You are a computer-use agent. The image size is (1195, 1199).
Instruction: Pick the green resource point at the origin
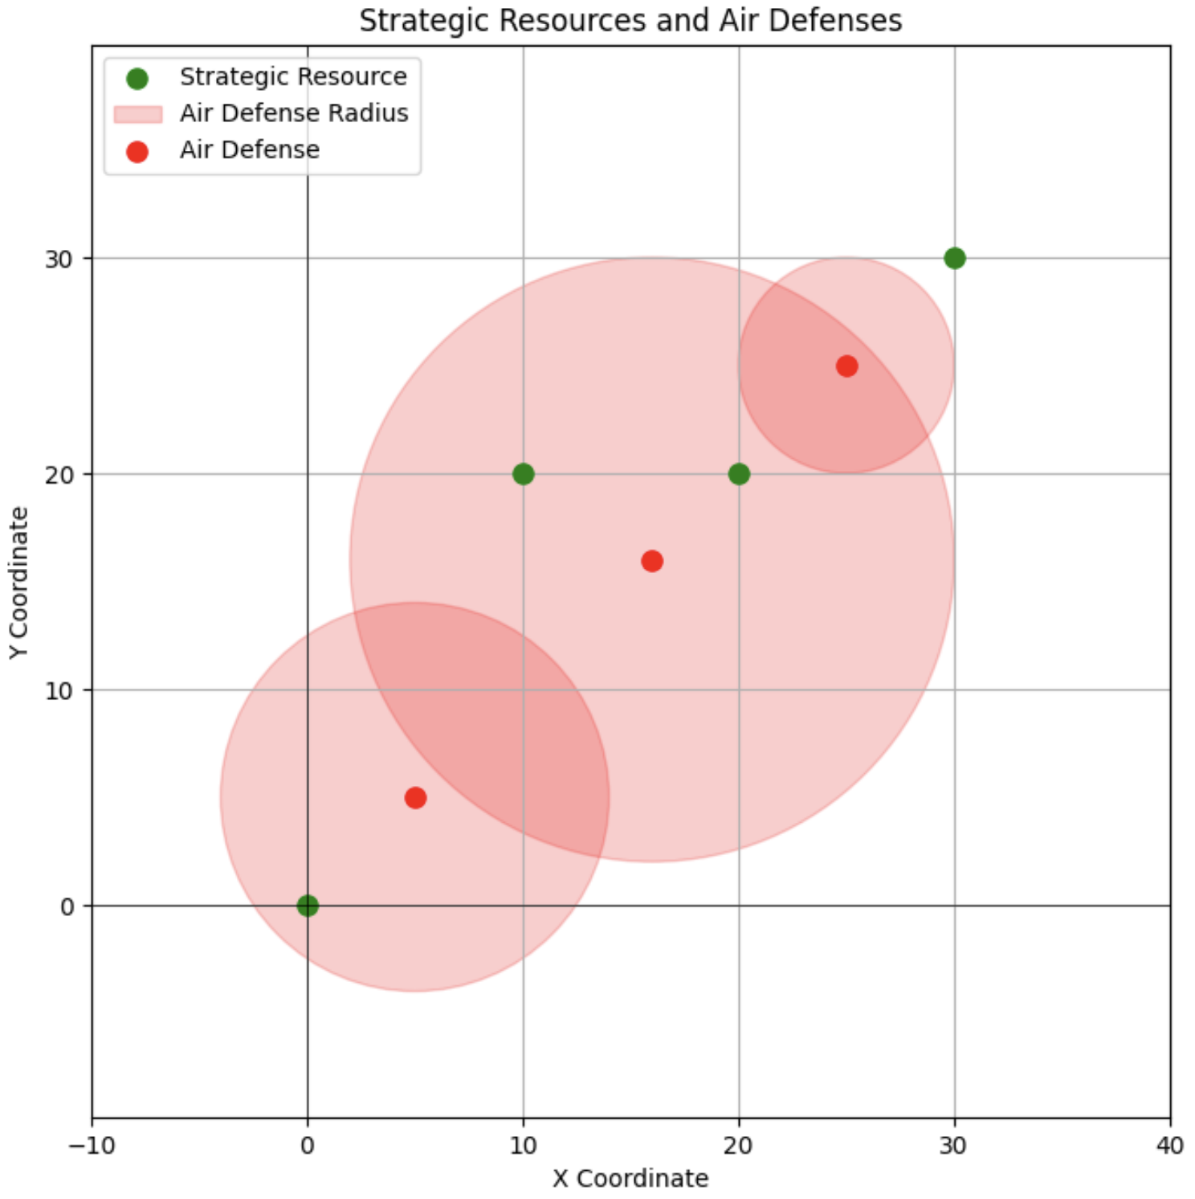(x=308, y=906)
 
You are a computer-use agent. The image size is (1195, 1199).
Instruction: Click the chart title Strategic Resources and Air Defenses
(x=630, y=20)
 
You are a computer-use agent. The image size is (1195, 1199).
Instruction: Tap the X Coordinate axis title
(x=630, y=1178)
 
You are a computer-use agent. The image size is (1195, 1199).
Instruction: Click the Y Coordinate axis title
(x=19, y=583)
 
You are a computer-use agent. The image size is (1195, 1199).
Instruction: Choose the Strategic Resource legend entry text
(x=293, y=77)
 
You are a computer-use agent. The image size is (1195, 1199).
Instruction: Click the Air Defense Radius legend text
(x=294, y=113)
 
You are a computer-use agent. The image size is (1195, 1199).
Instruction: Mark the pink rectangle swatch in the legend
(x=138, y=114)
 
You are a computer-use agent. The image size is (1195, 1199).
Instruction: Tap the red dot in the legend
(x=138, y=151)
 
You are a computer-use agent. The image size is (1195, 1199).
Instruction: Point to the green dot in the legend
(x=138, y=78)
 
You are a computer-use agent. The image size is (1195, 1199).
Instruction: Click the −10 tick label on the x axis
(x=91, y=1145)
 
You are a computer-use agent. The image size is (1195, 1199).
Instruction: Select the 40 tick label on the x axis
(x=1170, y=1145)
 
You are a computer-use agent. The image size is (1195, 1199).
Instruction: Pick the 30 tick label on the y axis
(x=58, y=259)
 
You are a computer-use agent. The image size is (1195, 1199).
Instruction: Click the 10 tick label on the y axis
(x=58, y=690)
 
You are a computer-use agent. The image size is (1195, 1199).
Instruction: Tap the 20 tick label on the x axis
(x=739, y=1145)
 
